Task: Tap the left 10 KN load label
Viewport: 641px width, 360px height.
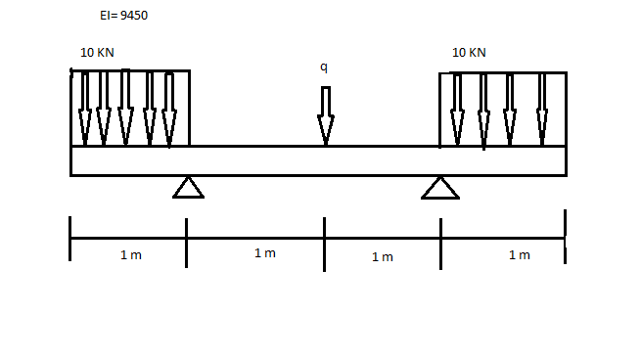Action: (97, 52)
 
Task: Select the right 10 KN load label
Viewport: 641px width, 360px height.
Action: (469, 52)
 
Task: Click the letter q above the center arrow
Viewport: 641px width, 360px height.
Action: (324, 67)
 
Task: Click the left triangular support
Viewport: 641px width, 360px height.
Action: (188, 187)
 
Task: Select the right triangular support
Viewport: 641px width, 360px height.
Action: (440, 187)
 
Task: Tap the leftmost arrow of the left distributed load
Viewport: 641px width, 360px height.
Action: (85, 108)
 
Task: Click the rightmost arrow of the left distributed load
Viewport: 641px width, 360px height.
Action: (168, 109)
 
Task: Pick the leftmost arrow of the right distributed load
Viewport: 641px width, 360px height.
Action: (456, 109)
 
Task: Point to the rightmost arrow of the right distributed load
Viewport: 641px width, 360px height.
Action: (542, 109)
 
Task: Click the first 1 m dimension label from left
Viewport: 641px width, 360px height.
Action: (131, 255)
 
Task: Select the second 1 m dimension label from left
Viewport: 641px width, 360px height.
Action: (264, 253)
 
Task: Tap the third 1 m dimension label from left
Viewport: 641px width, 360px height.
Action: (382, 256)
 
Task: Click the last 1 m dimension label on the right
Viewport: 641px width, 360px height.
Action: (519, 255)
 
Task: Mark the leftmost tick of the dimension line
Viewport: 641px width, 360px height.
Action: (70, 238)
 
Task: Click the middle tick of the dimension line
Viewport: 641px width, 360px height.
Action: (324, 238)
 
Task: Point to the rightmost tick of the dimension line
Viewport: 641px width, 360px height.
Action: (565, 236)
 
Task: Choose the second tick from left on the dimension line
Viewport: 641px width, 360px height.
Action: (186, 238)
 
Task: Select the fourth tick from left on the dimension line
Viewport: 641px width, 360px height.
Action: (440, 238)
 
